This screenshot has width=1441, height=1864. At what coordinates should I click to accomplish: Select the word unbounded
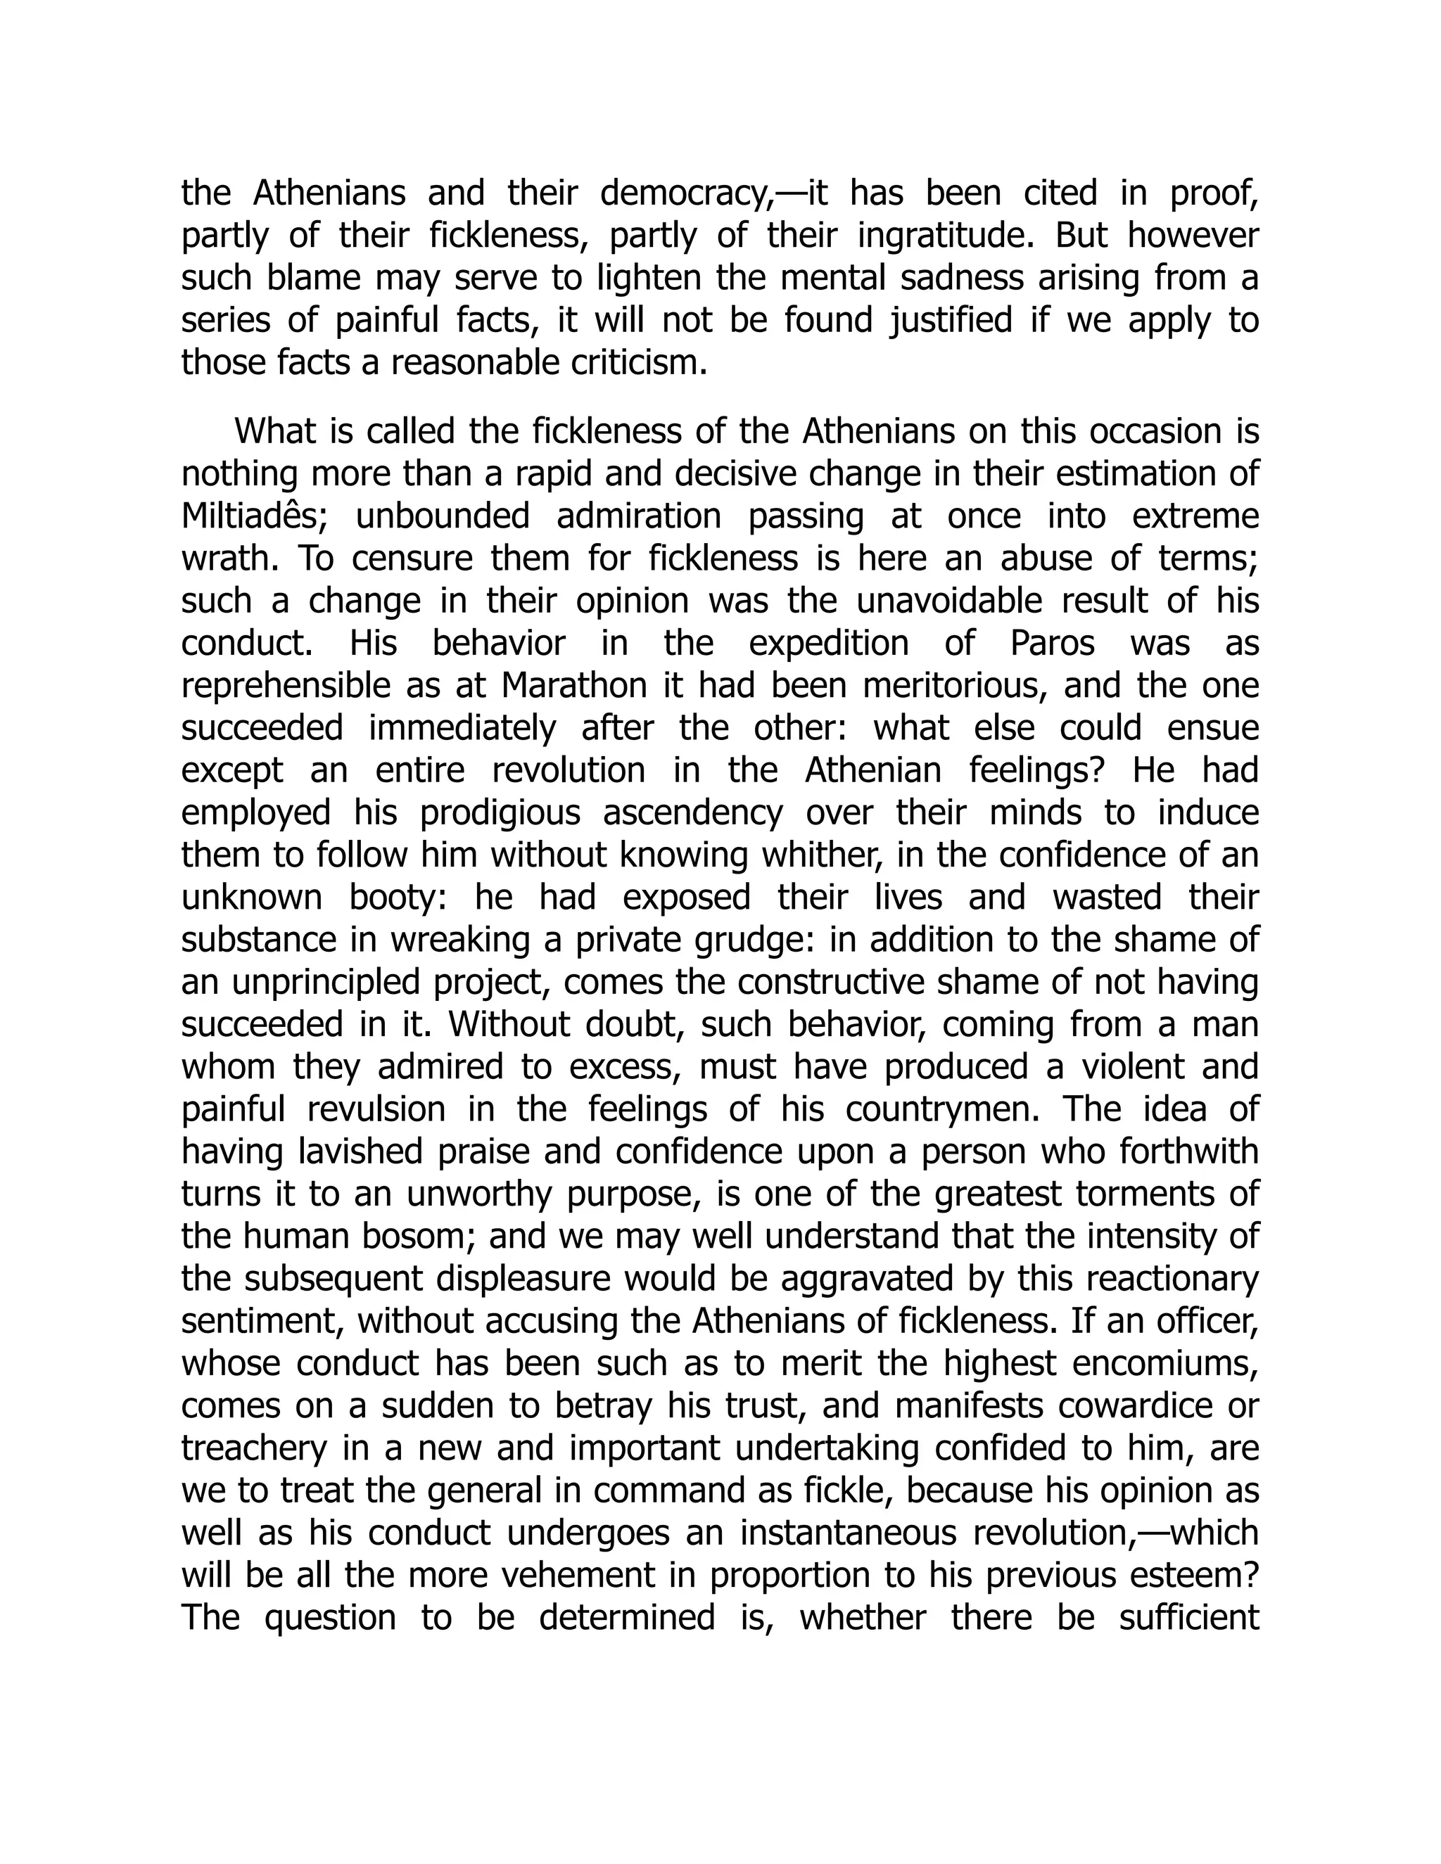(442, 517)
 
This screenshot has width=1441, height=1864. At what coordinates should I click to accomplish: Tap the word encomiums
(1165, 1364)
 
